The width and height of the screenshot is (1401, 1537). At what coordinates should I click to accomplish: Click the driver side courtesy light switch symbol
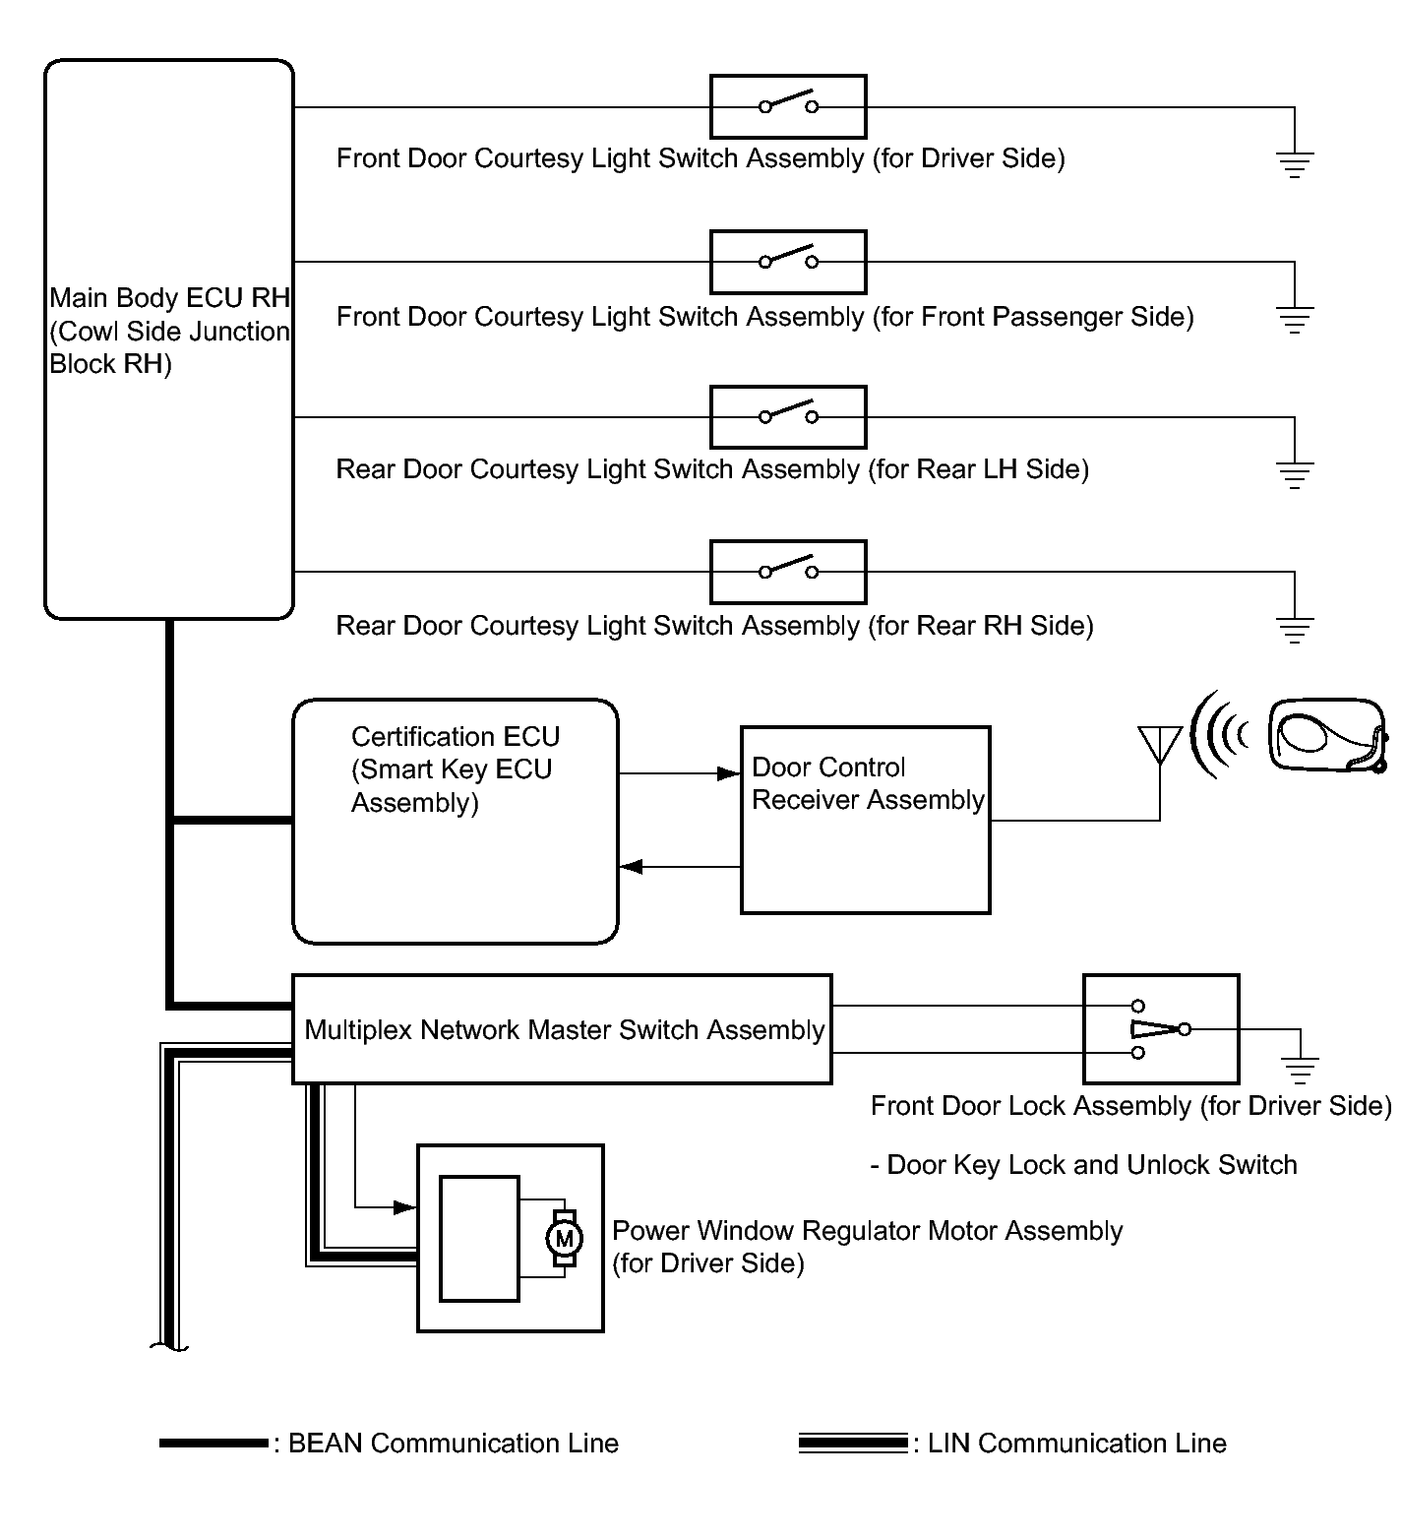tap(788, 106)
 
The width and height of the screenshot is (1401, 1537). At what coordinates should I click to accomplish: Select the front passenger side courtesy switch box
tap(788, 262)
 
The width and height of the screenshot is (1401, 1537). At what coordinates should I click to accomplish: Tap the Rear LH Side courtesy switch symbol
tap(788, 416)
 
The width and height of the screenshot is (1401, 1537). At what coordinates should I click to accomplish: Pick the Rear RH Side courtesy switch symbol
tap(788, 571)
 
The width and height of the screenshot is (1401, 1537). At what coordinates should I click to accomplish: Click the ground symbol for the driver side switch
tap(1295, 162)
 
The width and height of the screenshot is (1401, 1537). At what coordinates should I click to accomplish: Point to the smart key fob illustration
tap(1328, 735)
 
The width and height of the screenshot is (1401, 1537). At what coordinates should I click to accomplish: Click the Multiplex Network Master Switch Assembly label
tap(564, 1030)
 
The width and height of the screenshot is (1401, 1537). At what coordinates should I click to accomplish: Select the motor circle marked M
tap(564, 1239)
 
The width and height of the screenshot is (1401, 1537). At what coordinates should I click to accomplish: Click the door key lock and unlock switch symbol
tap(1161, 1029)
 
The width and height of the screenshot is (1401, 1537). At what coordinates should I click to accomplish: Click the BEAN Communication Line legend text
tap(453, 1444)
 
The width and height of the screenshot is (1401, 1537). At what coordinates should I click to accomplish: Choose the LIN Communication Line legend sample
tap(852, 1444)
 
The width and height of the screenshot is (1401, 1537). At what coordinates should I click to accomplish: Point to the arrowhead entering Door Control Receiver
tap(729, 773)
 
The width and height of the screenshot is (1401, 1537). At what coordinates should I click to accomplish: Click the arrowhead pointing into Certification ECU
tap(631, 867)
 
